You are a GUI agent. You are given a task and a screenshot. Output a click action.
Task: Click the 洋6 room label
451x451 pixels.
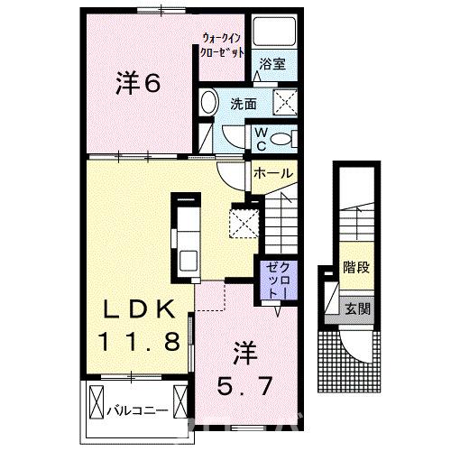click(137, 84)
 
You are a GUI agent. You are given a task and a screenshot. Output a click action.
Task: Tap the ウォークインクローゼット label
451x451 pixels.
click(222, 44)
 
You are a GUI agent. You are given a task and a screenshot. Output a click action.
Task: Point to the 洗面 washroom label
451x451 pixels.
click(241, 103)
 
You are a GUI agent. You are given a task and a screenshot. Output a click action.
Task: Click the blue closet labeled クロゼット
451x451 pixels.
click(277, 279)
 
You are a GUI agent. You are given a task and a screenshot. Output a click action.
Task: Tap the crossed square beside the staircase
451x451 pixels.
click(244, 221)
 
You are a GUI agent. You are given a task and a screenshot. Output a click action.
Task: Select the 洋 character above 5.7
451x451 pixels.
click(244, 347)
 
